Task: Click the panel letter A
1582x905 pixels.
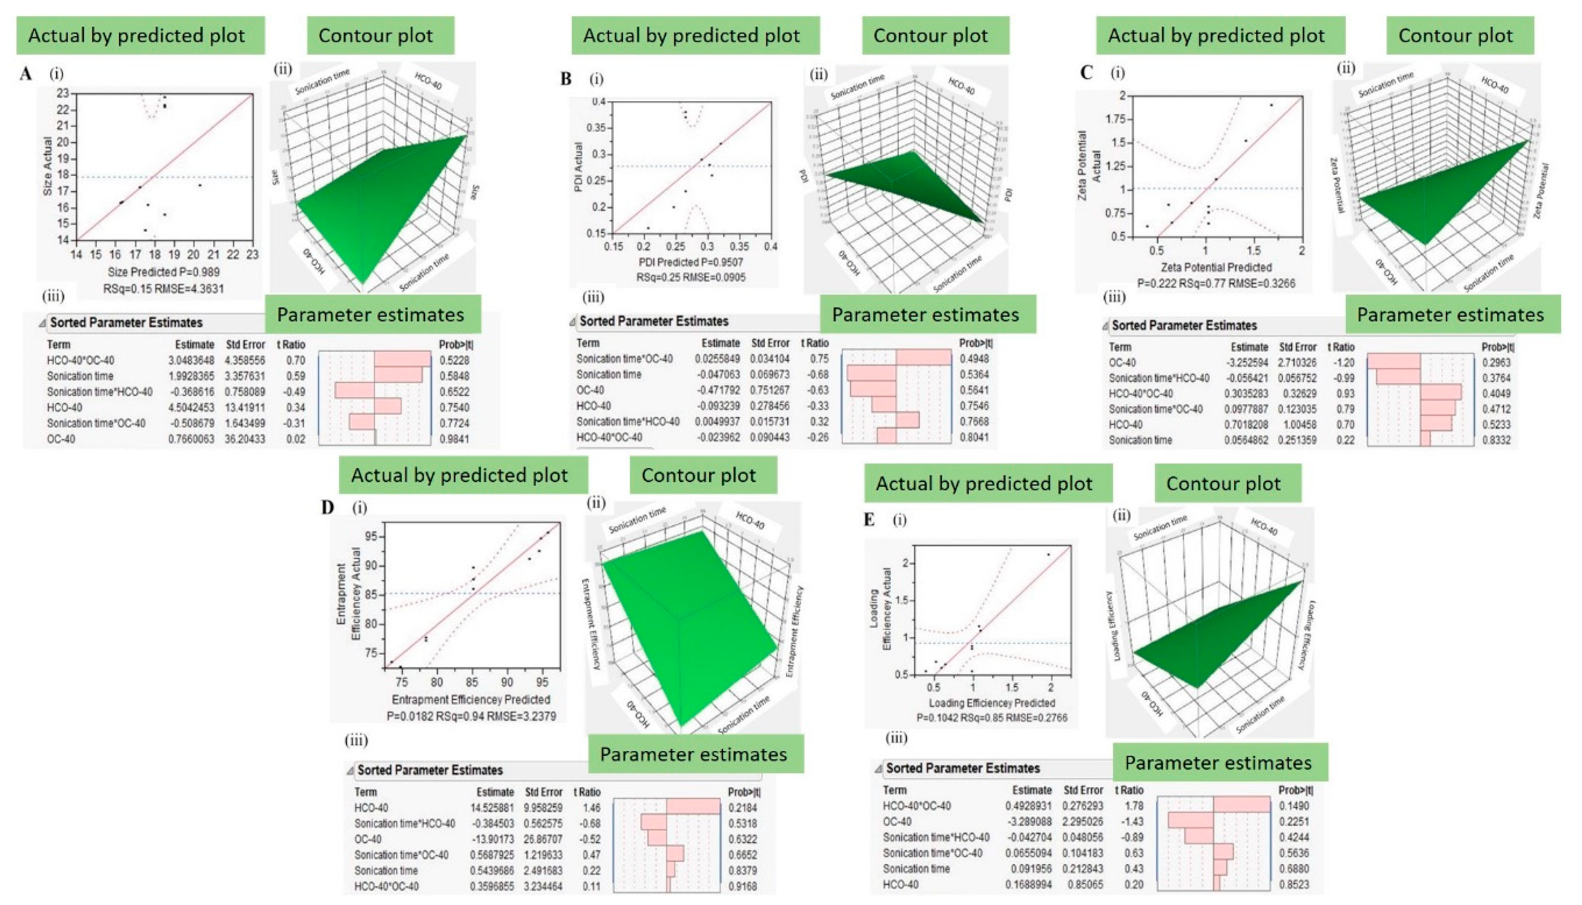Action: point(26,74)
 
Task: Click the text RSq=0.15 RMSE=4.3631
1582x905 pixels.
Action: point(163,289)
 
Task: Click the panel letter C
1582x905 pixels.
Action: point(1087,73)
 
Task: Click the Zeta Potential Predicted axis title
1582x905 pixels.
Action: point(1217,267)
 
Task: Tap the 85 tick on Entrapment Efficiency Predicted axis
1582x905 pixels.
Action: point(472,682)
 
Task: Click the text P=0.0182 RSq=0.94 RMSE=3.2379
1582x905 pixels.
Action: point(471,716)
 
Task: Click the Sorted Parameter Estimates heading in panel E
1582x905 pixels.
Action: point(962,768)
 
